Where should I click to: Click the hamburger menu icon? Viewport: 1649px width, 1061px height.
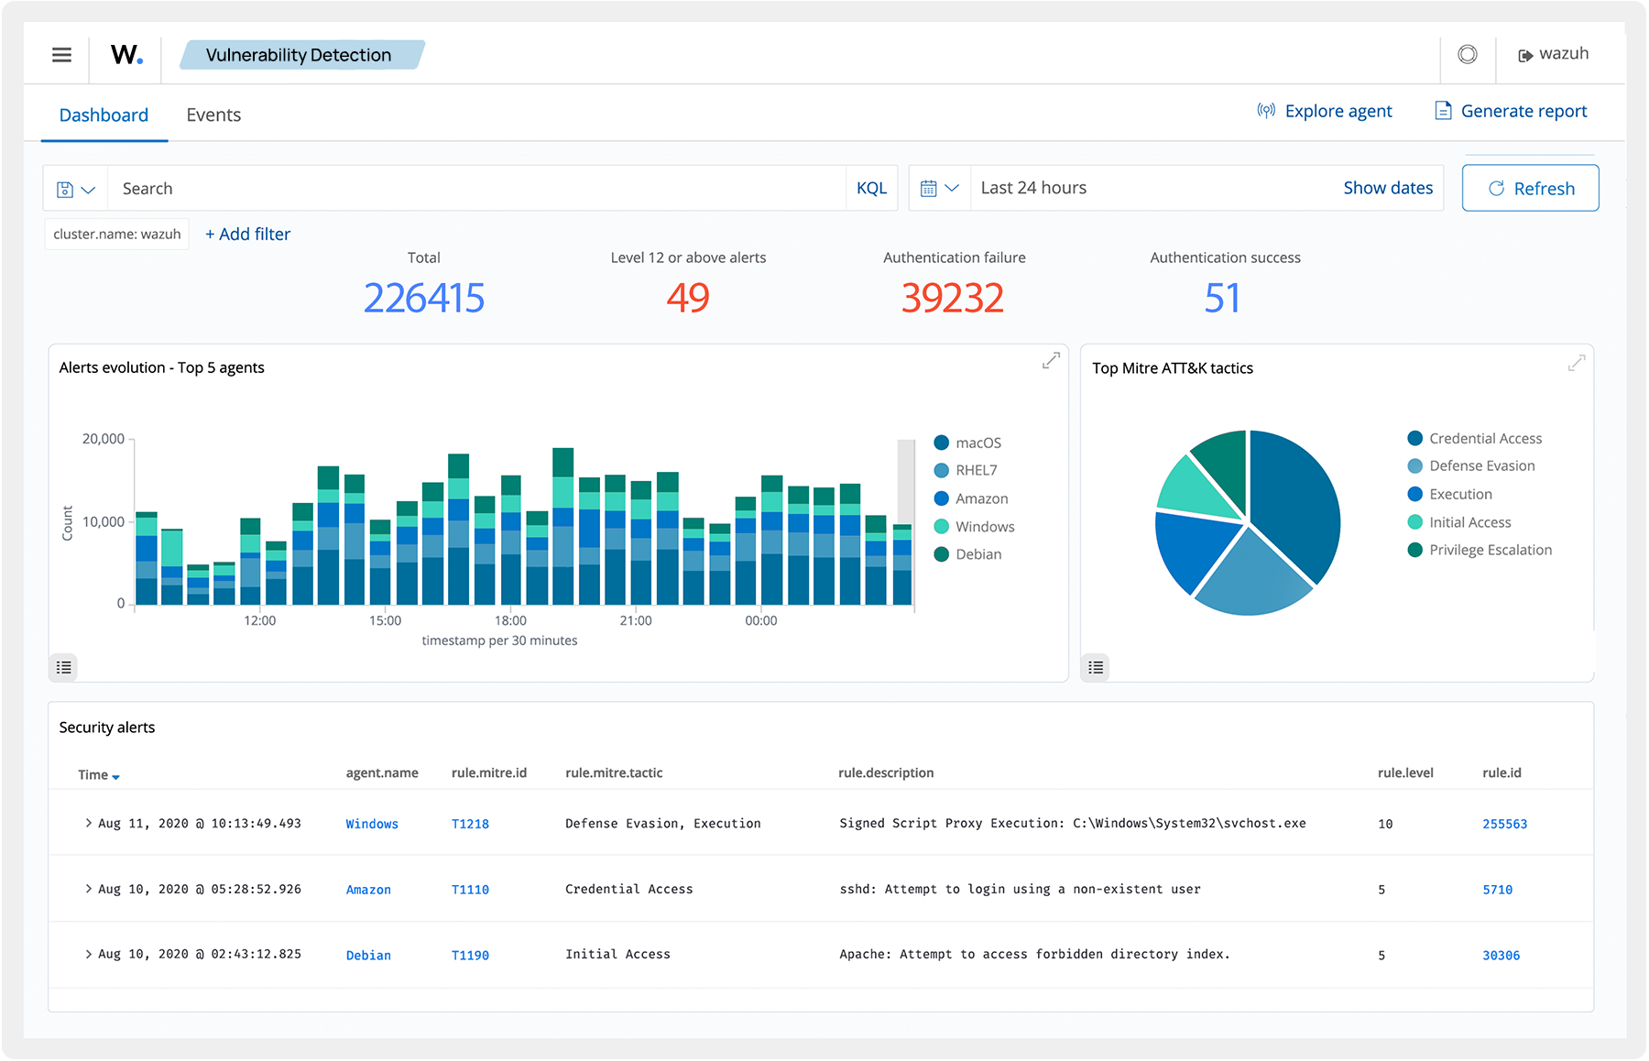pyautogui.click(x=61, y=55)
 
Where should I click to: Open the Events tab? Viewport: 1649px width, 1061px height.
pyautogui.click(x=213, y=115)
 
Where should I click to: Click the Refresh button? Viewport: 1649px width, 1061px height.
pyautogui.click(x=1530, y=189)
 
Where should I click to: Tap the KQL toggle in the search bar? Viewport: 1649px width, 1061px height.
pyautogui.click(x=871, y=189)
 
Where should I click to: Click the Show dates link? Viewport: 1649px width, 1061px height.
pyautogui.click(x=1387, y=189)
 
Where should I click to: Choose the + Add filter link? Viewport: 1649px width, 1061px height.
pyautogui.click(x=247, y=235)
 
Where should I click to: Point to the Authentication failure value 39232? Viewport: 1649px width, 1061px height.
pyautogui.click(x=952, y=298)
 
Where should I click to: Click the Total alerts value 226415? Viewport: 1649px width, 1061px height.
pyautogui.click(x=423, y=298)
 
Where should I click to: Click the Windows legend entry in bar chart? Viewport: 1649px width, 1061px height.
pyautogui.click(x=984, y=527)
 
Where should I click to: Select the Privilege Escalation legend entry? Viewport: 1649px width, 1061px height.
pyautogui.click(x=1490, y=551)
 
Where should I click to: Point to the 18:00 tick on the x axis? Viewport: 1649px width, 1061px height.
pyautogui.click(x=510, y=621)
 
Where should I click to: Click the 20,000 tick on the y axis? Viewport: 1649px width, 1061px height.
pyautogui.click(x=104, y=440)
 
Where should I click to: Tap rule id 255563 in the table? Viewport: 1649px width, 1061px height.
pyautogui.click(x=1504, y=825)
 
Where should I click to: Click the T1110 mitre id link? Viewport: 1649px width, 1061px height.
pyautogui.click(x=470, y=890)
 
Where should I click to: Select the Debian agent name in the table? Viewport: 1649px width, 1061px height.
pyautogui.click(x=368, y=956)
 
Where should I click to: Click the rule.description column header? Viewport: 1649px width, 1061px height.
pyautogui.click(x=886, y=773)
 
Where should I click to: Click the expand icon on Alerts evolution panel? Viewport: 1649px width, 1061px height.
pyautogui.click(x=1051, y=361)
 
